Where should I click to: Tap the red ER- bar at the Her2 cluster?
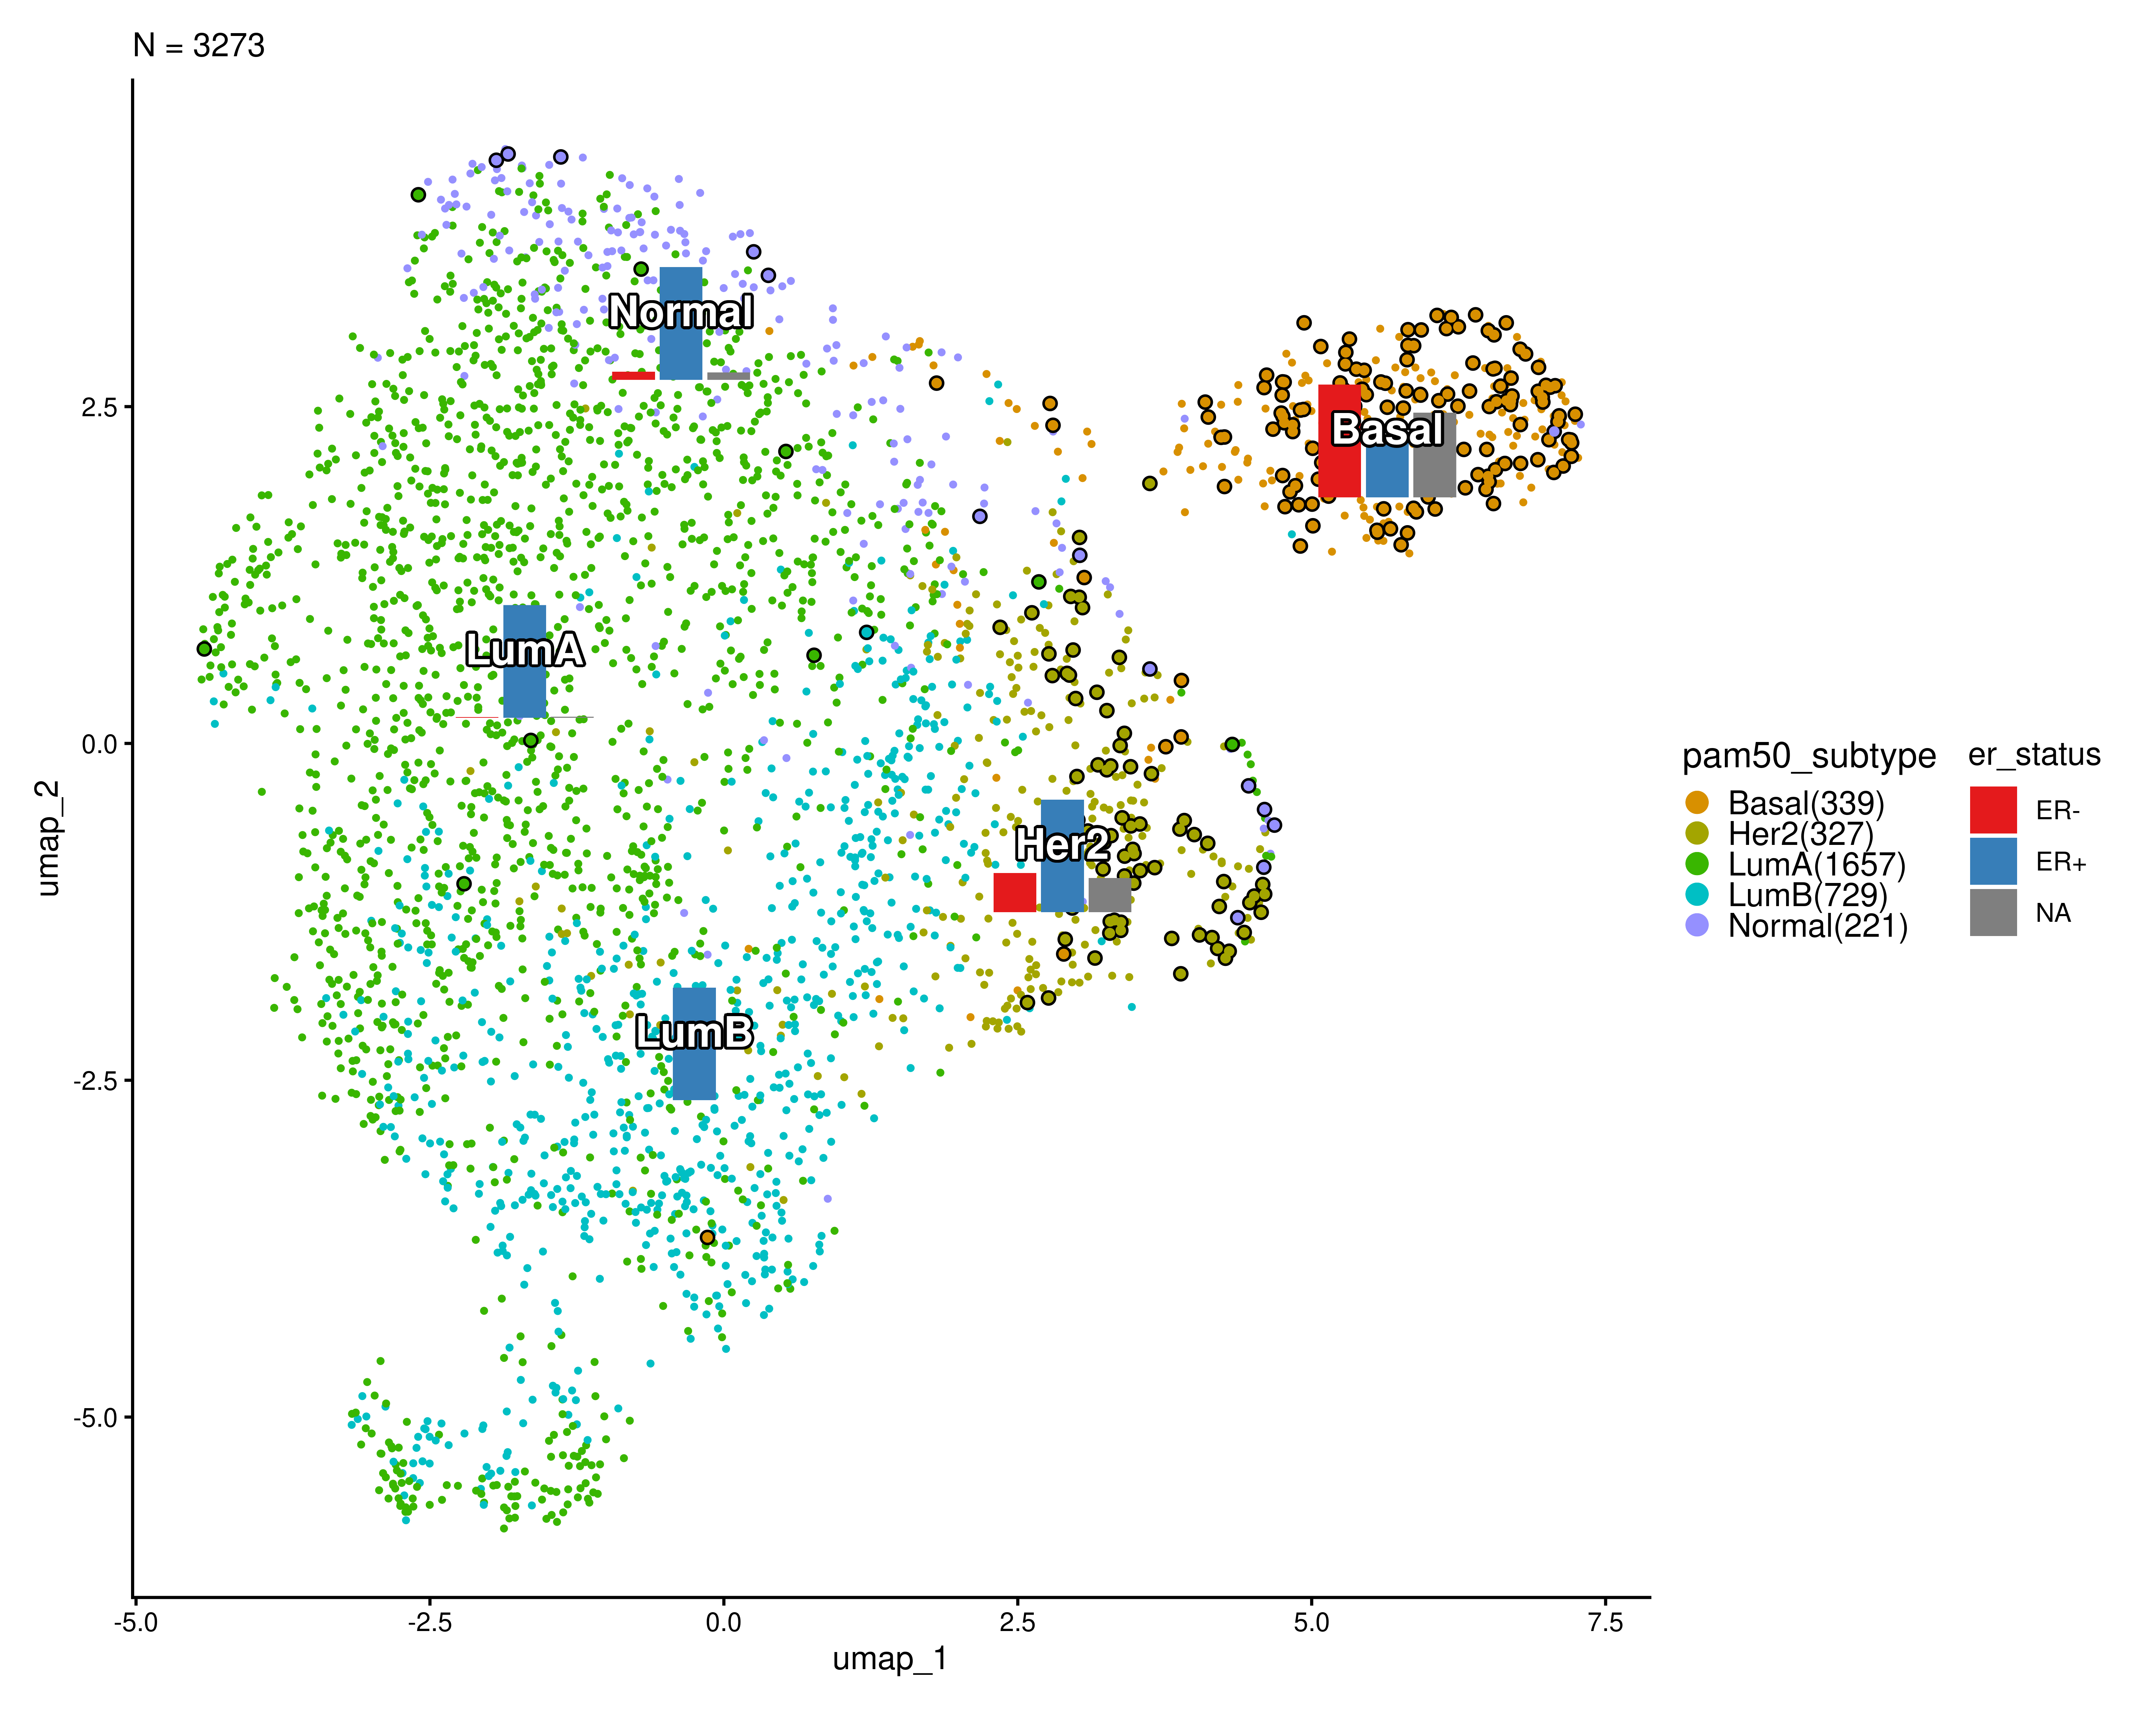tap(1015, 893)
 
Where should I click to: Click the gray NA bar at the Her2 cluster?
tap(1110, 895)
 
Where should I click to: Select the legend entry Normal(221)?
tap(1817, 926)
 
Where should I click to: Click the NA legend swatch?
tap(1992, 913)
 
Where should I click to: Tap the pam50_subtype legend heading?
tap(1808, 756)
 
